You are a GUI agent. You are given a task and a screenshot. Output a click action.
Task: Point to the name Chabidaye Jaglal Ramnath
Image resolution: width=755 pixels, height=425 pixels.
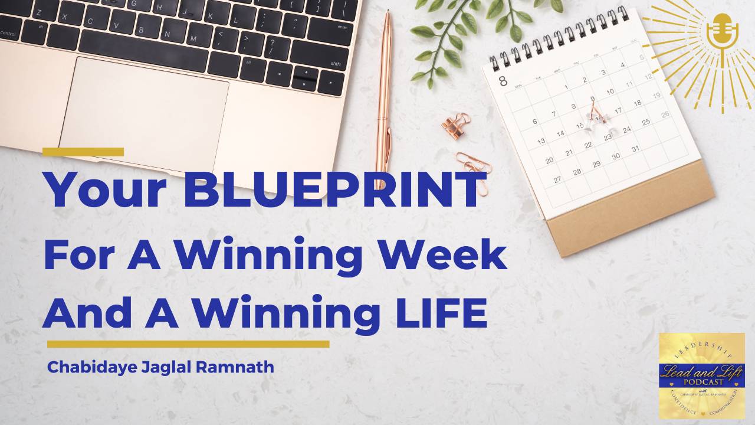[x=160, y=367]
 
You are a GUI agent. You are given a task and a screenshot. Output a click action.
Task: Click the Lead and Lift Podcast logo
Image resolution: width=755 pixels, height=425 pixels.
[x=701, y=376]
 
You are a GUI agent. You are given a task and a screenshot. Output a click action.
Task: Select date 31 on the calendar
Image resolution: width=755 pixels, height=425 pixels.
[x=635, y=149]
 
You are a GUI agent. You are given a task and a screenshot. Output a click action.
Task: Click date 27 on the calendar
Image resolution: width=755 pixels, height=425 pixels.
[x=557, y=179]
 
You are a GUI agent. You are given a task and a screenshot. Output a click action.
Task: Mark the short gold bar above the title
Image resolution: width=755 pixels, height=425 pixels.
[x=83, y=152]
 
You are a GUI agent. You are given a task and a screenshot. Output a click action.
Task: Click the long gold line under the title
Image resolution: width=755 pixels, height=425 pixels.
[x=188, y=344]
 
